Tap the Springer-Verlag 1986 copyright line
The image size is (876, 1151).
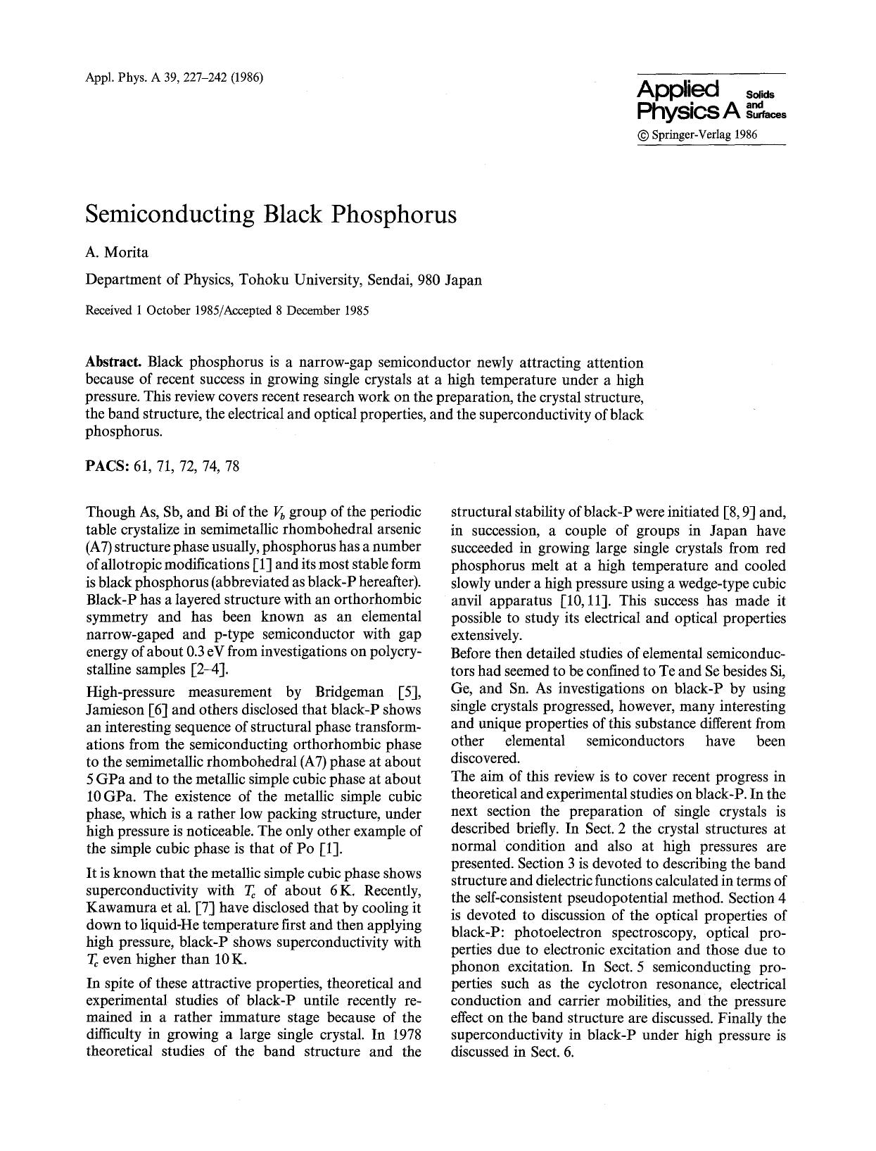coord(697,134)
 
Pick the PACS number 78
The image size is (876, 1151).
coord(232,466)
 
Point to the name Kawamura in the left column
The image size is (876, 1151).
coord(118,908)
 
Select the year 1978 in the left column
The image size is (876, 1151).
coord(407,1035)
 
